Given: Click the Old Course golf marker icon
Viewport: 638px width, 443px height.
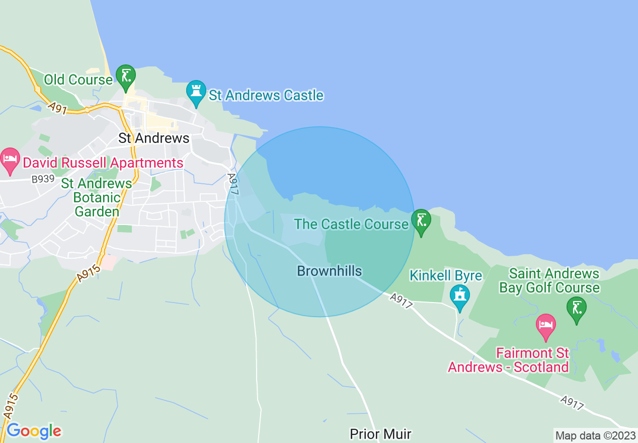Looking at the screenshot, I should [x=125, y=76].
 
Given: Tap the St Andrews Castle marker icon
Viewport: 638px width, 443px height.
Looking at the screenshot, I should [x=196, y=92].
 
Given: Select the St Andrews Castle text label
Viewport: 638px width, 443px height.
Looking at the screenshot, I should [x=266, y=95].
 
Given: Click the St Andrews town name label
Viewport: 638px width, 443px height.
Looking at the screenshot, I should [x=154, y=138].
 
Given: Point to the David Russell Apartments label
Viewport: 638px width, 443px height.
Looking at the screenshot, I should [x=103, y=163].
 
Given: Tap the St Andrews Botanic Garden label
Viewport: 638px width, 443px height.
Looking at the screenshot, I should [x=97, y=197].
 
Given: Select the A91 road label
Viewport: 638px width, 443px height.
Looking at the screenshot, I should [x=58, y=109].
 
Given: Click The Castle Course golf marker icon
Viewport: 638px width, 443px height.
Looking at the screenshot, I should [x=421, y=220].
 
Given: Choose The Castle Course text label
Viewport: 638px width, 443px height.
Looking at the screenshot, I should [x=351, y=224].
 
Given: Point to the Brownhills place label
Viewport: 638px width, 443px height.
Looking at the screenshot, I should [x=330, y=271].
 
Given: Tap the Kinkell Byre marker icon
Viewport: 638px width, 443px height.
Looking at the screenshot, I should [x=459, y=296].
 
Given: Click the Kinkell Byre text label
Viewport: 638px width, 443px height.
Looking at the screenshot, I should [x=446, y=276].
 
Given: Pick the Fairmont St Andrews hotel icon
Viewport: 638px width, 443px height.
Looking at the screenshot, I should [x=546, y=325].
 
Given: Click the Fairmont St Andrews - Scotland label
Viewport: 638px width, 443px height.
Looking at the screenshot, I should [x=508, y=360].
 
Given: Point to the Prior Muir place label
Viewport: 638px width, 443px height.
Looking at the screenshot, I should [x=380, y=434].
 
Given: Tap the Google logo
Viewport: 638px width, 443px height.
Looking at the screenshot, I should [x=34, y=431].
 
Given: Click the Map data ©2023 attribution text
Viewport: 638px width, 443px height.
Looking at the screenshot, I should [x=595, y=435].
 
